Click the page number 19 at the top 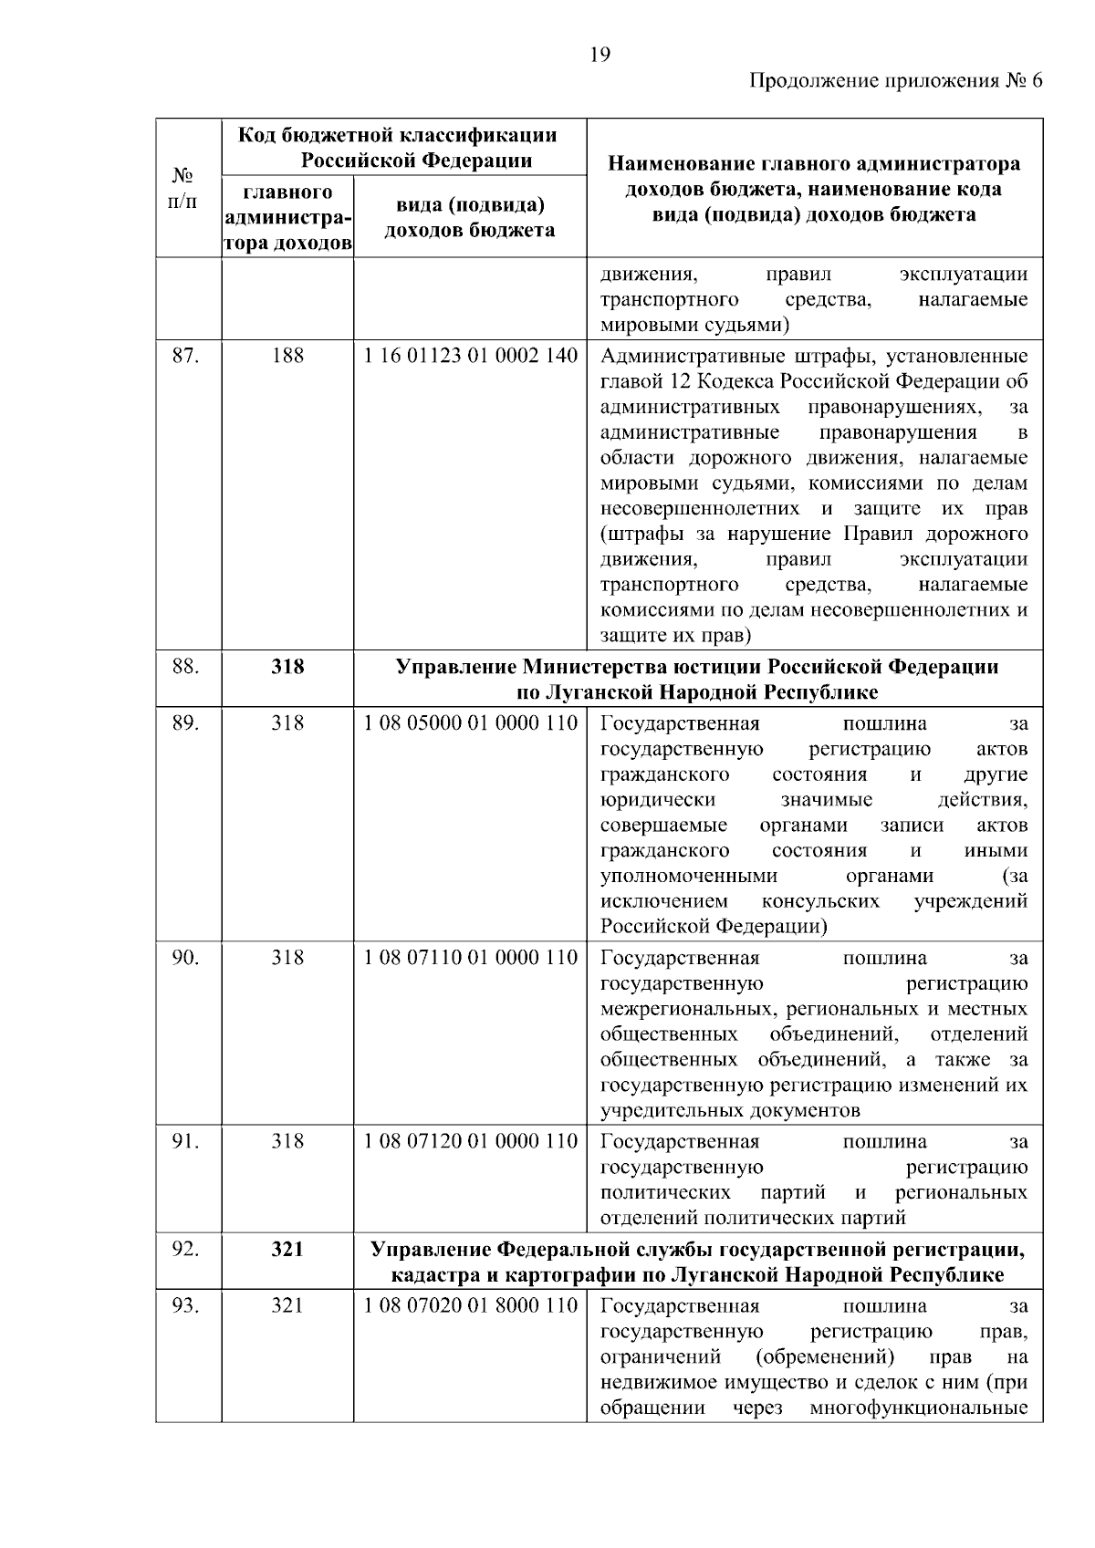600,55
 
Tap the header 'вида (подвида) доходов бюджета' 469,218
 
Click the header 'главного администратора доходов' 287,218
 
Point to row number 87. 186,356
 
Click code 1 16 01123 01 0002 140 470,356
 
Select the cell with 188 287,356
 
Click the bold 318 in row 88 287,667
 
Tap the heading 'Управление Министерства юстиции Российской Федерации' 697,667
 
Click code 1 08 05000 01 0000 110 470,723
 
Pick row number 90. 186,958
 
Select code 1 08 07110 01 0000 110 470,958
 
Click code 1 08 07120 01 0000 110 470,1141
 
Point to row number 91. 186,1141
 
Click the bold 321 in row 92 287,1249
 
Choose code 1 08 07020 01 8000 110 470,1305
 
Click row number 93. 186,1305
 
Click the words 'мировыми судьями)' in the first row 694,326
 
